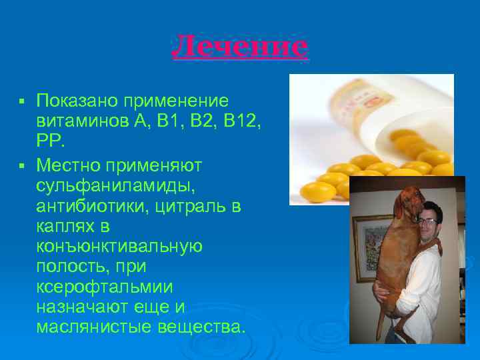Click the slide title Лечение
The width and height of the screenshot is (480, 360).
240,47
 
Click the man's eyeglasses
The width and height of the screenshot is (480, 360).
428,220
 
